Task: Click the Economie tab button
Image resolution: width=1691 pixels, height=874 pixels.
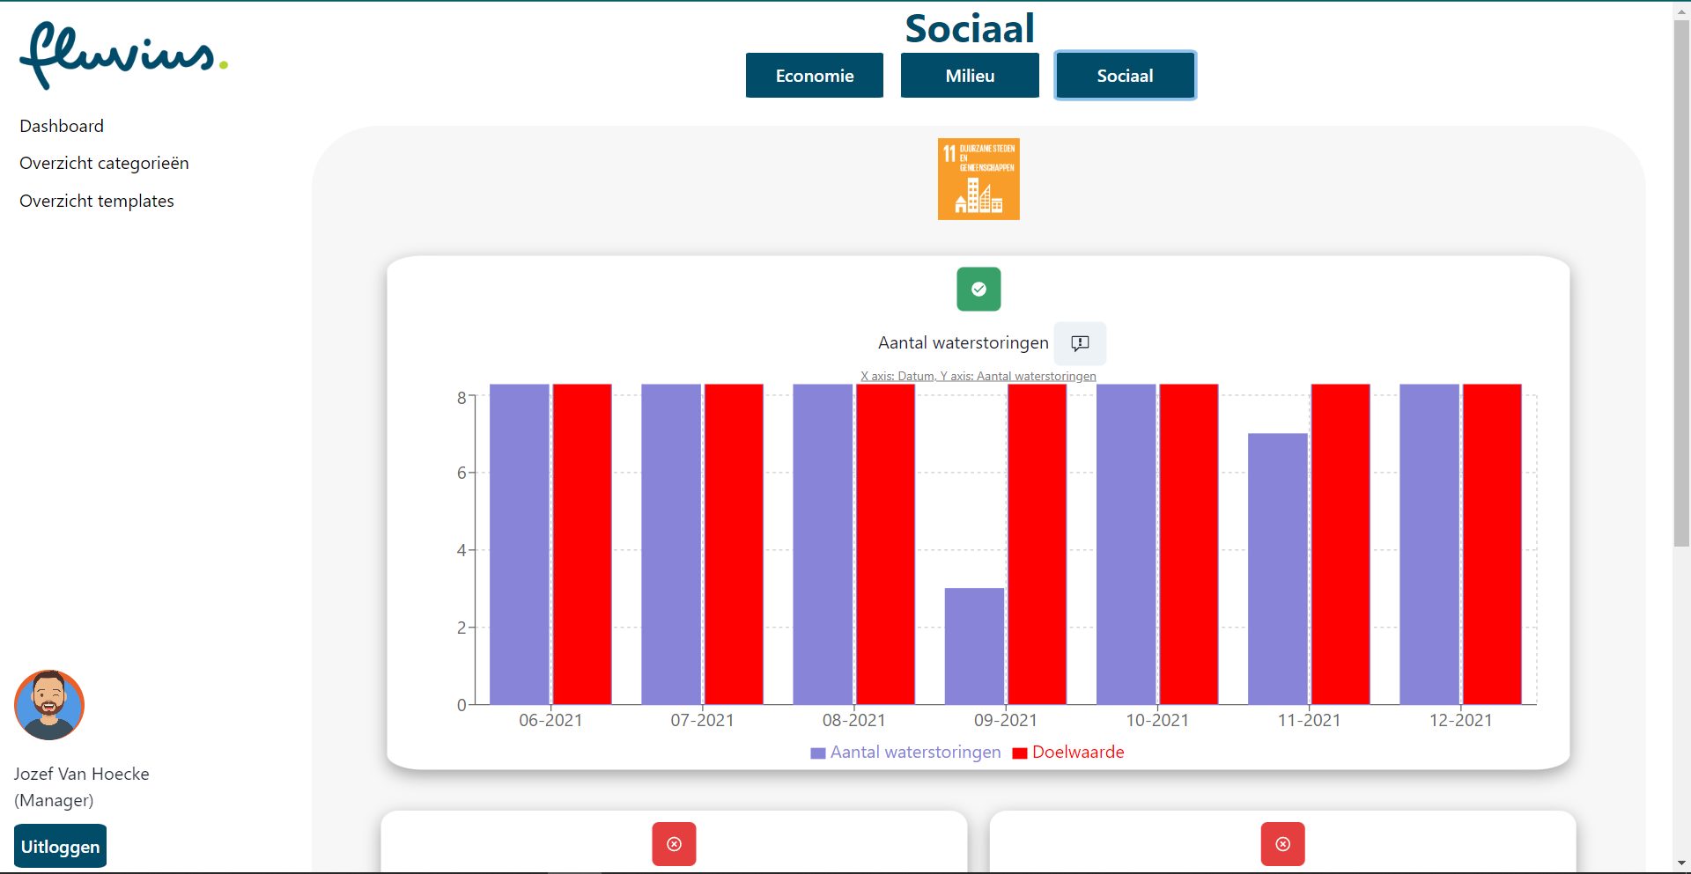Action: click(x=814, y=76)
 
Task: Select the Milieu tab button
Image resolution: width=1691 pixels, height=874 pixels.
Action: click(x=969, y=76)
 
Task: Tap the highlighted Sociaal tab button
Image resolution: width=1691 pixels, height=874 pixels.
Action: click(x=1125, y=76)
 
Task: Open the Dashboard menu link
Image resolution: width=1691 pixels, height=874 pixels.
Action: click(x=62, y=126)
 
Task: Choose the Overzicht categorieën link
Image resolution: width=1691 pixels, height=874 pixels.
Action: click(x=104, y=164)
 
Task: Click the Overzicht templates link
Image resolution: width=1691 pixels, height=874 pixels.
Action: click(x=97, y=201)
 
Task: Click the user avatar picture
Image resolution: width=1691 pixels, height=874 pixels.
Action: click(x=49, y=705)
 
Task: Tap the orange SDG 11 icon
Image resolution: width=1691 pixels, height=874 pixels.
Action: click(x=978, y=179)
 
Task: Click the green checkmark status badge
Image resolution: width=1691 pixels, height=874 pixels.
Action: click(x=978, y=289)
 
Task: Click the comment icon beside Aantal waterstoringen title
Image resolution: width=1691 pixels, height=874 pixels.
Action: click(x=1080, y=343)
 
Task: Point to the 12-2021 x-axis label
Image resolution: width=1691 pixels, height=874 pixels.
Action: click(x=1459, y=720)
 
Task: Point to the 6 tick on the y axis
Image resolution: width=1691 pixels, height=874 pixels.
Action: click(x=461, y=473)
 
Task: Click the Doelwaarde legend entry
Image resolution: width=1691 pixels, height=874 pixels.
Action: click(x=1068, y=753)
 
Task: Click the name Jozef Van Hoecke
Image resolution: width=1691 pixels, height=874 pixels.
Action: click(x=81, y=774)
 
